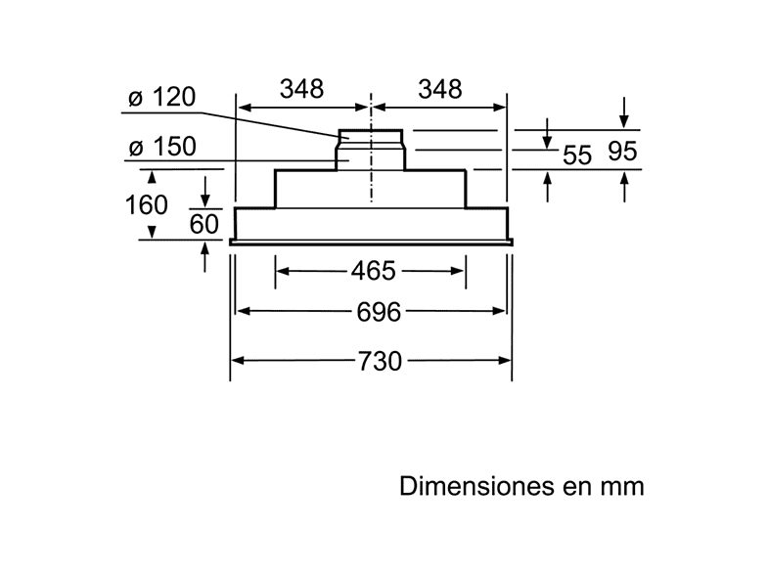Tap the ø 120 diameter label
(x=162, y=98)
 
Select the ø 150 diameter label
(x=162, y=148)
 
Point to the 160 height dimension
(x=147, y=205)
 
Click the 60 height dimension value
(x=204, y=224)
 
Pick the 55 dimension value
(x=578, y=155)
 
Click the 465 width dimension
(x=372, y=269)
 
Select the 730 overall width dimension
(x=380, y=361)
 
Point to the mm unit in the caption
(x=624, y=487)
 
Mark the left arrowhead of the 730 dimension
(x=236, y=361)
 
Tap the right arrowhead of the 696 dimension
(x=501, y=312)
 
